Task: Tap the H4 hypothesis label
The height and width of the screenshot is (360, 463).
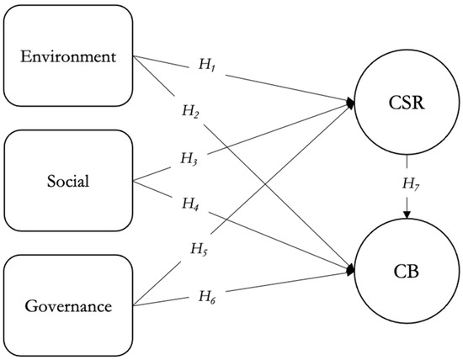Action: tap(191, 202)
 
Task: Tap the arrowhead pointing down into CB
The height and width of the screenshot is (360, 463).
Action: tap(407, 215)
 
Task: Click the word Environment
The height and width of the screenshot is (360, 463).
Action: tap(67, 56)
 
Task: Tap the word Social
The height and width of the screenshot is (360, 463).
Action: tap(67, 181)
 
